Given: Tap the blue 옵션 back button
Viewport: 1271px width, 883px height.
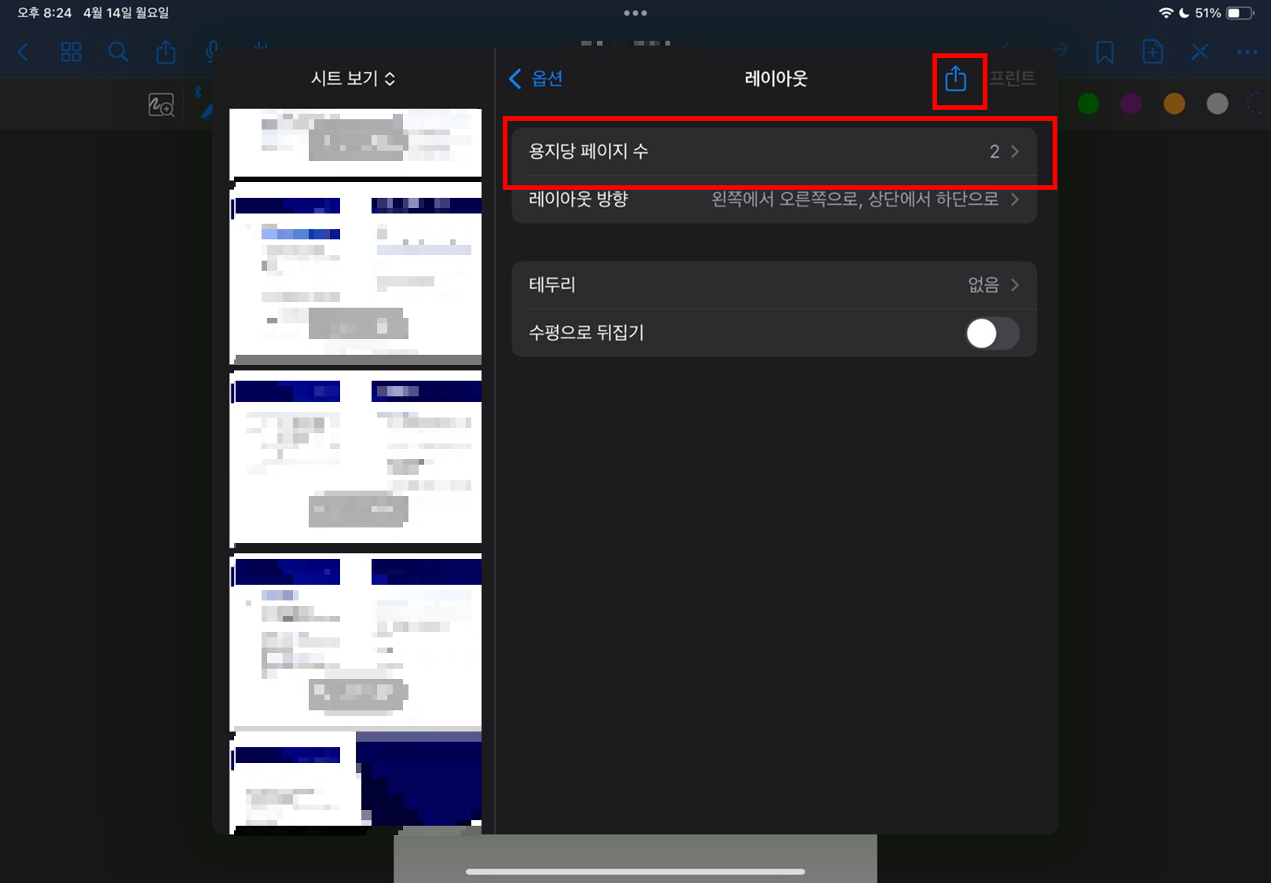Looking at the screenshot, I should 537,78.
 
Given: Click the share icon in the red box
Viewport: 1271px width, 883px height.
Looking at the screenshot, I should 955,78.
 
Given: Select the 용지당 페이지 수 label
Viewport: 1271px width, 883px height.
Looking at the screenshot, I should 588,151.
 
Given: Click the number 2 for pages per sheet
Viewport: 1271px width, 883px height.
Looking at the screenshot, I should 994,151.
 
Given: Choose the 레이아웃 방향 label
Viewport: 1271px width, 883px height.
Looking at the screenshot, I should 578,199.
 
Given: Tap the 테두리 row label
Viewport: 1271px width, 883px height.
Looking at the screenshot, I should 552,285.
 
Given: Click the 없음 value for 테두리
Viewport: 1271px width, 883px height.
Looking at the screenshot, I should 983,285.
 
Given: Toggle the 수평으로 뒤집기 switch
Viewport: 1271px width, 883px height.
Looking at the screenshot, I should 992,333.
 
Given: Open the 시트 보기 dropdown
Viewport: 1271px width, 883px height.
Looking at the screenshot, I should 353,78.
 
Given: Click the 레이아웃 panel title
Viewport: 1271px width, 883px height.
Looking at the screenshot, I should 775,78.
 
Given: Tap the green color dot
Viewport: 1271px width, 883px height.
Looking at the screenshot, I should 1088,104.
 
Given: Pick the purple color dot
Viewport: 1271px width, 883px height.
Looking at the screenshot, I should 1131,104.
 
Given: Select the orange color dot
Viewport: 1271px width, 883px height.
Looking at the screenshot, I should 1174,104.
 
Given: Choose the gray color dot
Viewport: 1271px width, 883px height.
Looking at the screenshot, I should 1217,104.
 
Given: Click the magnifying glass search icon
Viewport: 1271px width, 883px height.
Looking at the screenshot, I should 118,53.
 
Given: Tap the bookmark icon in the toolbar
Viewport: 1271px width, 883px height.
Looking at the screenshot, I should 1104,53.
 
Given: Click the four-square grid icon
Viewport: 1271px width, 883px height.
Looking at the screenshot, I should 71,53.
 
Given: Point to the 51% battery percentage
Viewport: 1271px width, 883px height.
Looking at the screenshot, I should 1207,13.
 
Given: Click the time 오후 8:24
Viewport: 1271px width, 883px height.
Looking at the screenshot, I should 44,13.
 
